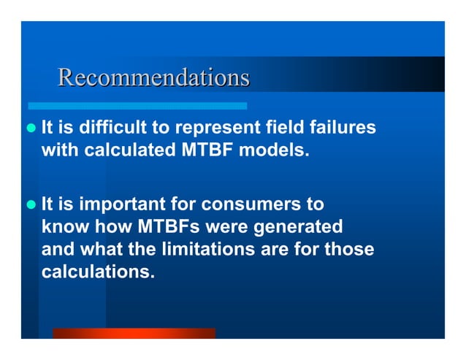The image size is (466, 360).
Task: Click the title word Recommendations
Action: click(153, 77)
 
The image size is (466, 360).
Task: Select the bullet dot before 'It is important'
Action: click(31, 203)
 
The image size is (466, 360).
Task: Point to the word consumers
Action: click(252, 203)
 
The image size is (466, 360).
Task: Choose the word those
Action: click(350, 250)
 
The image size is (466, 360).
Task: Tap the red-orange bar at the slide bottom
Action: click(134, 333)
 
